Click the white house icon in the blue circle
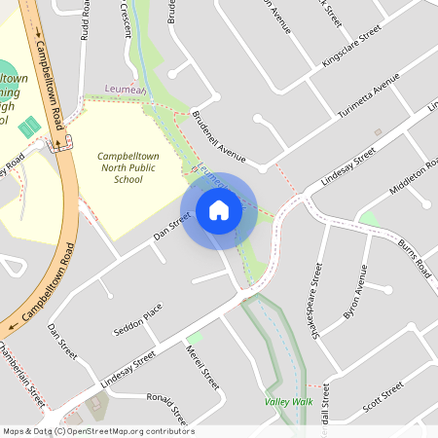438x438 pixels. point(218,210)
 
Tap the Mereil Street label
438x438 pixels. point(202,369)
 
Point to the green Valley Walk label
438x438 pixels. point(288,401)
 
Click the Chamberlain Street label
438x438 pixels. point(22,375)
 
